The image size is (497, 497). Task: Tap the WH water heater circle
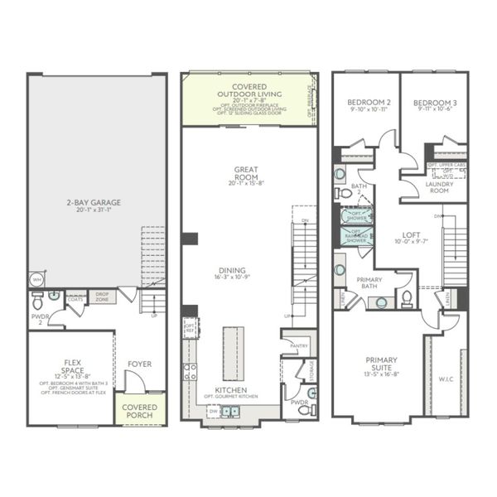click(x=36, y=279)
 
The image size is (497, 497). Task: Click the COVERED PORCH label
click(x=139, y=412)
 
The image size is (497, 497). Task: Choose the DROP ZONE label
click(x=102, y=296)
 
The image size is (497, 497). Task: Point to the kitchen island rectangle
click(x=234, y=353)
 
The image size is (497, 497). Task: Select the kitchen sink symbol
click(x=229, y=410)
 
